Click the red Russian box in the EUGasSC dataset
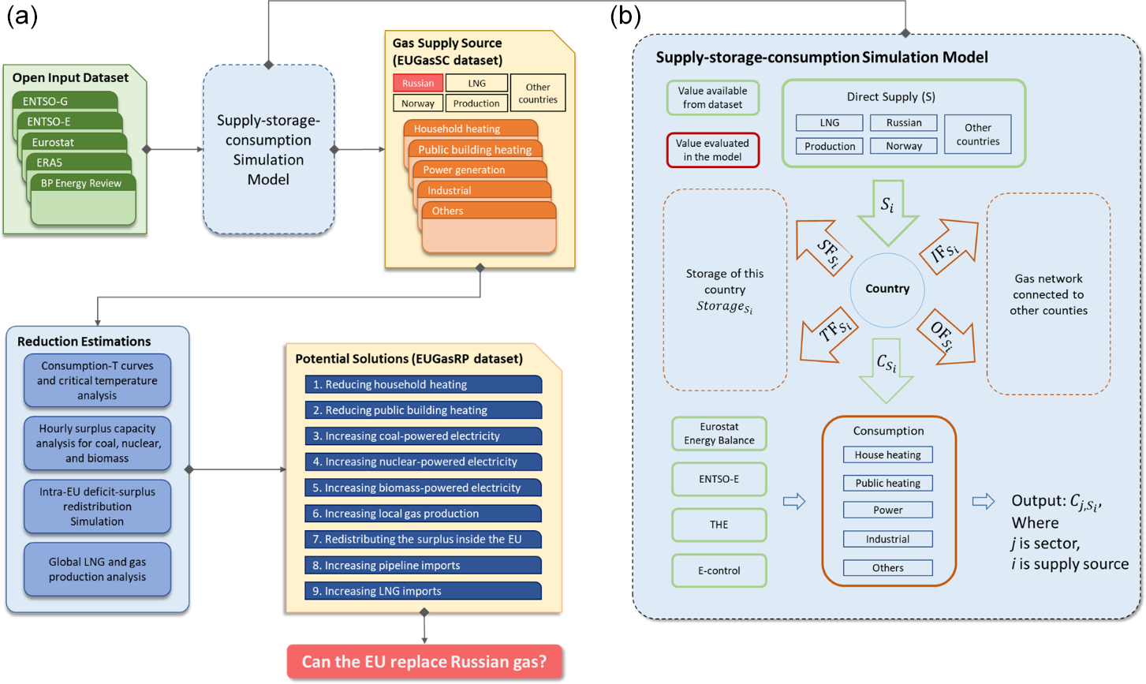[418, 83]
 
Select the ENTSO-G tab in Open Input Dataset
[65, 101]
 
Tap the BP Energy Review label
[81, 183]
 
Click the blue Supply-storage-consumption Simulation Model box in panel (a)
[268, 150]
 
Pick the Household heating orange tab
[470, 129]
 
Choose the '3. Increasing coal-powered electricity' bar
[423, 435]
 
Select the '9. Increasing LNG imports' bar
[423, 591]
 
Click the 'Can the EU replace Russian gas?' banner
[424, 661]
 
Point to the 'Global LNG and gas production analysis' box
[97, 569]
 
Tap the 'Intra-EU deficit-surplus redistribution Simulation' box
[97, 506]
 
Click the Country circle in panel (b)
[887, 289]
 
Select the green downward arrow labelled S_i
[887, 210]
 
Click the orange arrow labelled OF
[946, 337]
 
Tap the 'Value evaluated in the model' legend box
[712, 150]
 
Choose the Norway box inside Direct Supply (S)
[904, 146]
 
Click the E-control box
[719, 570]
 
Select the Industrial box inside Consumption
[887, 539]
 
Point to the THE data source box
[719, 525]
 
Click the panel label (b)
[625, 16]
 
